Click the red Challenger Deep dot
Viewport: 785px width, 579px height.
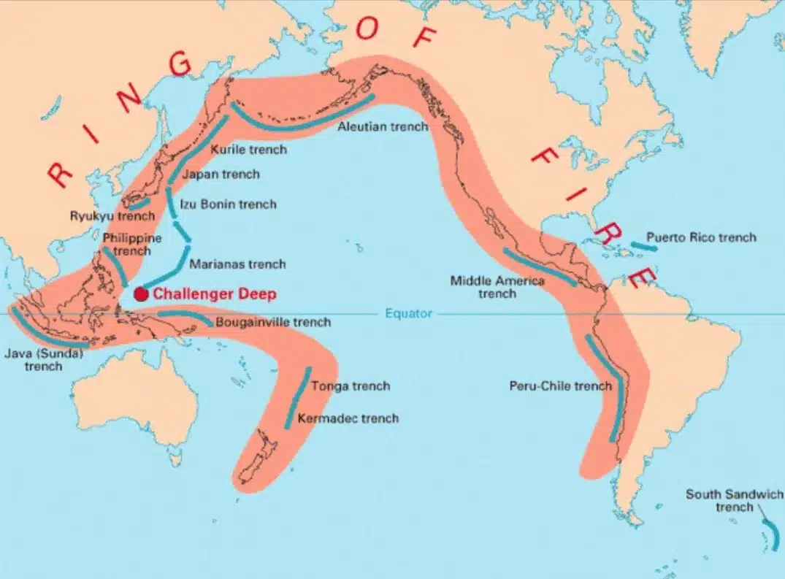pyautogui.click(x=142, y=294)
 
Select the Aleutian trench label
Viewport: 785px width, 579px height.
pyautogui.click(x=382, y=126)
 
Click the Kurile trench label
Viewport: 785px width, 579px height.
pyautogui.click(x=248, y=150)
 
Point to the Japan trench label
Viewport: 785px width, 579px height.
pyautogui.click(x=220, y=175)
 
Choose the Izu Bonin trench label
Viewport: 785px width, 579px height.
pyautogui.click(x=229, y=204)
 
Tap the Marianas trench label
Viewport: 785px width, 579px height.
pyautogui.click(x=237, y=264)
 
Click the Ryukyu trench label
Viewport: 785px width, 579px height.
pyautogui.click(x=112, y=216)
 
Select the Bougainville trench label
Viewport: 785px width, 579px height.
pyautogui.click(x=272, y=322)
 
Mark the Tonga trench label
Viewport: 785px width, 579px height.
pyautogui.click(x=351, y=386)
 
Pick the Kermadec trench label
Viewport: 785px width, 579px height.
pyautogui.click(x=348, y=418)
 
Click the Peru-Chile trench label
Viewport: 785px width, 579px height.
pyautogui.click(x=560, y=386)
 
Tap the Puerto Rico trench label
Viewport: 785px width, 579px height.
pyautogui.click(x=702, y=237)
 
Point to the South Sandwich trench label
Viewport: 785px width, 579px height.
pyautogui.click(x=734, y=500)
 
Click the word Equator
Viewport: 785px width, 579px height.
pyautogui.click(x=408, y=314)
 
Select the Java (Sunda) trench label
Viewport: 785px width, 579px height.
pyautogui.click(x=44, y=360)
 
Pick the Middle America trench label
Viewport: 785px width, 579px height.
pyautogui.click(x=497, y=286)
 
